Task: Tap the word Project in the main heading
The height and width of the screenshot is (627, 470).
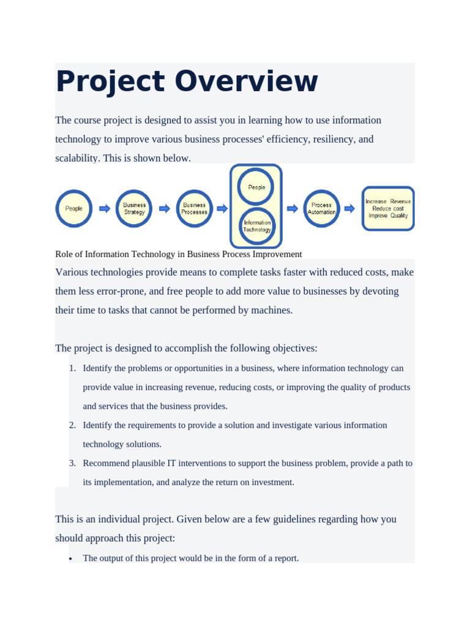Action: (x=110, y=82)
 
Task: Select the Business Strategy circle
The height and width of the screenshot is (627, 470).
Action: (x=134, y=209)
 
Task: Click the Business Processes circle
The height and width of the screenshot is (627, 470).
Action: (x=195, y=209)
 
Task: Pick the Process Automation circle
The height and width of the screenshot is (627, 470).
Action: (x=321, y=209)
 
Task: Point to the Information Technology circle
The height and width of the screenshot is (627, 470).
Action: (x=257, y=227)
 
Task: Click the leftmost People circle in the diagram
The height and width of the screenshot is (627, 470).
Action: (x=74, y=209)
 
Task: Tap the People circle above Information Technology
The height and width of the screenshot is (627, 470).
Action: (x=256, y=187)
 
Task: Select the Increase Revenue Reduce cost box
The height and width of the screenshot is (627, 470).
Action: (x=388, y=209)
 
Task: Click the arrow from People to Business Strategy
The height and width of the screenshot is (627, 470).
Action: (x=105, y=209)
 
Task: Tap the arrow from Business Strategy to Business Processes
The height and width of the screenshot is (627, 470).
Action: (x=165, y=209)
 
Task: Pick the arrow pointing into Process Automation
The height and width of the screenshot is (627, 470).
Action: (x=293, y=209)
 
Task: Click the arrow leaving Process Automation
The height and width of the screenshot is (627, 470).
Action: (x=349, y=209)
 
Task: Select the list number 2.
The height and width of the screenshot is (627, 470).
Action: (x=72, y=425)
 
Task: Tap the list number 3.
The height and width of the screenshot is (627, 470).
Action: (x=72, y=463)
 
